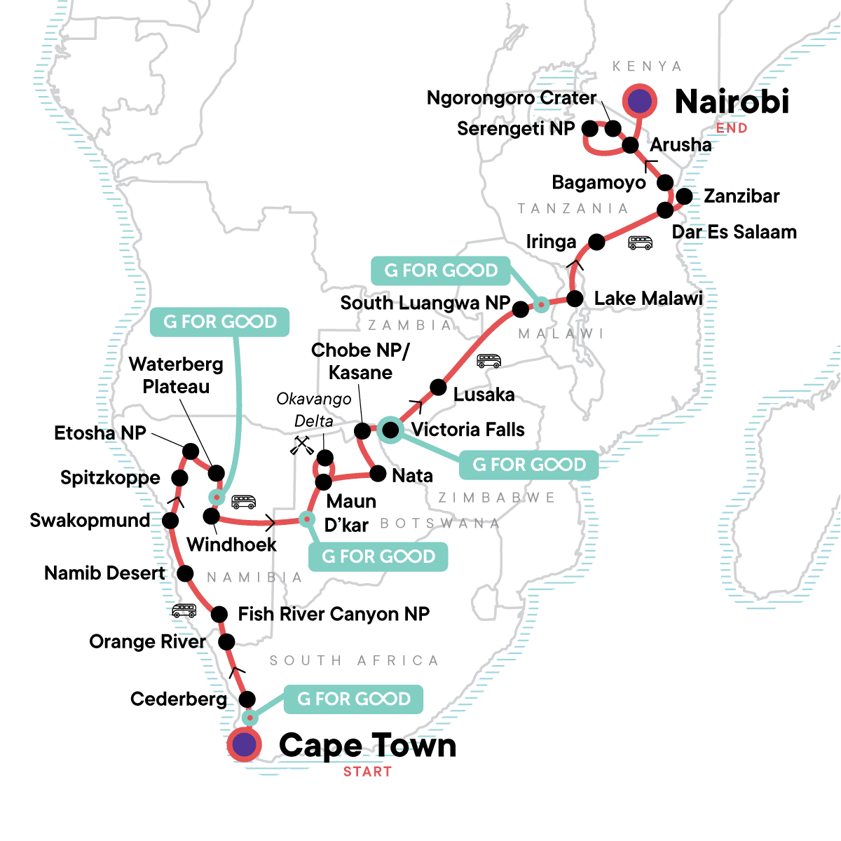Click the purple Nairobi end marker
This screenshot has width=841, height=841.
click(x=639, y=101)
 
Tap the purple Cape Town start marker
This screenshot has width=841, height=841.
click(x=244, y=744)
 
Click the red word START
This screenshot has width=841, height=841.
click(x=367, y=772)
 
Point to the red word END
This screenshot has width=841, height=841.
click(x=732, y=128)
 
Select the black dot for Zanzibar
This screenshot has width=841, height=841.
click(x=684, y=196)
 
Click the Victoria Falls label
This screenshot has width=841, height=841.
click(x=467, y=429)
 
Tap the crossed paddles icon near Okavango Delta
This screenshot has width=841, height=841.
click(x=302, y=446)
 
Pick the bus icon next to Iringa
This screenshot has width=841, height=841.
click(x=640, y=243)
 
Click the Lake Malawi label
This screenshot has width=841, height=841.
click(x=648, y=299)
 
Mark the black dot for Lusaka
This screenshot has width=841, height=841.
click(x=438, y=387)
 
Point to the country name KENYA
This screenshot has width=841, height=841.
click(x=647, y=67)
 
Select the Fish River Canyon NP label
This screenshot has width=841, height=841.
click(x=334, y=614)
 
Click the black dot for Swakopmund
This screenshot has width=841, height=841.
click(x=170, y=521)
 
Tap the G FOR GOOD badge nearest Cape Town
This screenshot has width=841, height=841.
click(x=354, y=699)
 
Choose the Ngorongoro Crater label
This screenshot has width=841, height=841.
click(x=512, y=98)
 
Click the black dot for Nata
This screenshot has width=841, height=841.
click(x=378, y=474)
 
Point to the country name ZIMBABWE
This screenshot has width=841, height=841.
click(x=496, y=498)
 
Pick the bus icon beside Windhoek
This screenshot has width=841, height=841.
click(x=244, y=502)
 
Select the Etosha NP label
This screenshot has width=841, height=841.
click(x=100, y=433)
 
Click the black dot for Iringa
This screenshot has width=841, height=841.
click(x=596, y=242)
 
